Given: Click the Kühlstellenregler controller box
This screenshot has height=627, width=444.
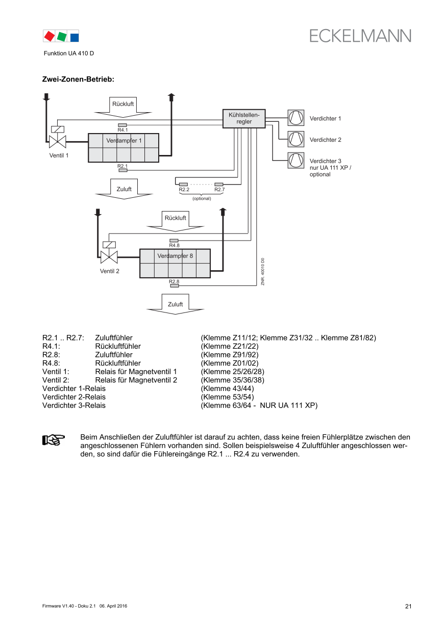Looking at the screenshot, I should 244,118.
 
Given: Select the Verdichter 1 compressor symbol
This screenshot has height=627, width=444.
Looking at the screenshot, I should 295,118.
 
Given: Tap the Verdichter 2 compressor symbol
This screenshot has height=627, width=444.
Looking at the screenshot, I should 295,139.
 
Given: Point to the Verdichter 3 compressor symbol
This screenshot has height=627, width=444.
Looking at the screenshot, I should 295,161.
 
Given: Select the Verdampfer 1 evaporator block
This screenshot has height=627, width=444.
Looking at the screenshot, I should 124,148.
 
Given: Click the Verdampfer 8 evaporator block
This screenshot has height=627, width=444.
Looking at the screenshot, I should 175,264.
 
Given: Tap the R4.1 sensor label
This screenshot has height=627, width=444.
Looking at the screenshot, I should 122,130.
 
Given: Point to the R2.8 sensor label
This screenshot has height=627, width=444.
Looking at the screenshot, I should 174,281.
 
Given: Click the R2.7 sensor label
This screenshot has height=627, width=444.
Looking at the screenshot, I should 219,190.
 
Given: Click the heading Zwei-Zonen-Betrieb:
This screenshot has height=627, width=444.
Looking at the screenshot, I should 78,80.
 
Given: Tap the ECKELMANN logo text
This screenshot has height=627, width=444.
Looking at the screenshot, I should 360,36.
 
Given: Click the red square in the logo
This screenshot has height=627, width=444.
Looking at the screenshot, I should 50,36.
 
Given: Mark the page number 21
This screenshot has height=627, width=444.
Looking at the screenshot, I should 408,606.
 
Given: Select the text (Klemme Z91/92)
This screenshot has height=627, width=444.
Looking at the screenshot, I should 230,355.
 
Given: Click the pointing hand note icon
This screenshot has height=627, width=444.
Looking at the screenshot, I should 53,439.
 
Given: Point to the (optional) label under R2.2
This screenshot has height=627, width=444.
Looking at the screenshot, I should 202,198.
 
